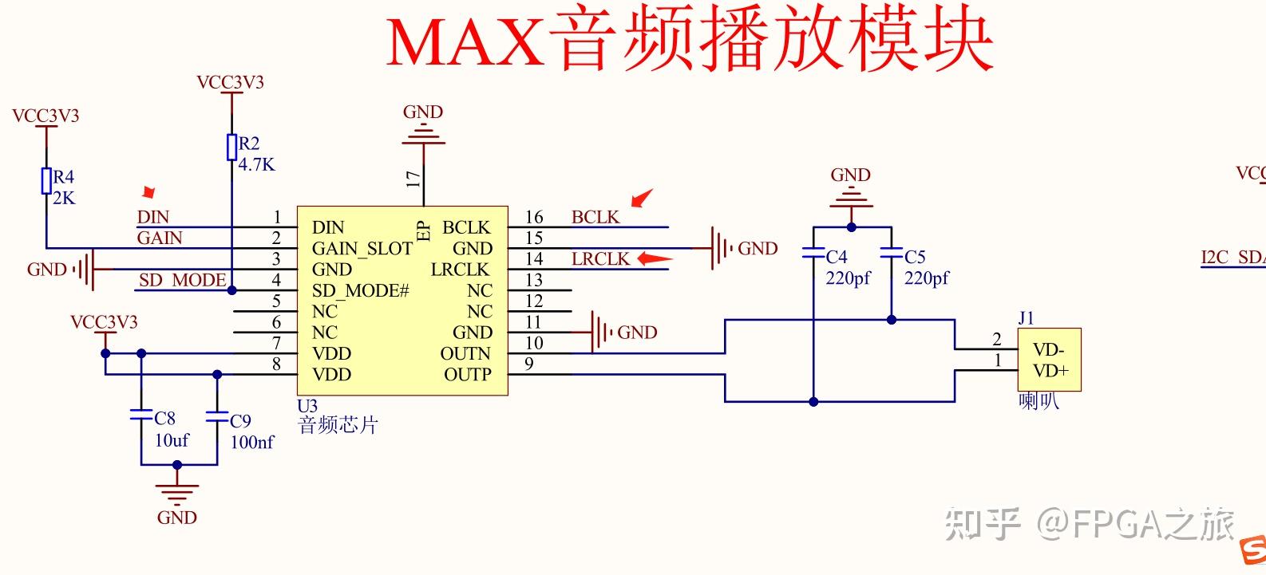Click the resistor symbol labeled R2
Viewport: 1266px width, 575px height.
pyautogui.click(x=231, y=147)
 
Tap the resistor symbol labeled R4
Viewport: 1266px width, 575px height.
pyautogui.click(x=46, y=181)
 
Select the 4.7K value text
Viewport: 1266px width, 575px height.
pyautogui.click(x=256, y=165)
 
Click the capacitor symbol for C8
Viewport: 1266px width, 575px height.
pyautogui.click(x=141, y=415)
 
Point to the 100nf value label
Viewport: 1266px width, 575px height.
pyautogui.click(x=251, y=442)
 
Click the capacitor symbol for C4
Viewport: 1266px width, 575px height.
pyautogui.click(x=813, y=254)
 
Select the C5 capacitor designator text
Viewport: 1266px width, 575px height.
pyautogui.click(x=915, y=257)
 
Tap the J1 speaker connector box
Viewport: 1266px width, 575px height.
pyautogui.click(x=1049, y=360)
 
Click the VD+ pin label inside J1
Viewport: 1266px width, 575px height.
pyautogui.click(x=1050, y=371)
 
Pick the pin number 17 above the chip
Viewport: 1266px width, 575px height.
pyautogui.click(x=413, y=178)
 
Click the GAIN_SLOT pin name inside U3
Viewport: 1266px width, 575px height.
pyautogui.click(x=362, y=249)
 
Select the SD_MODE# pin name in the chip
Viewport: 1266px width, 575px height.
pyautogui.click(x=360, y=291)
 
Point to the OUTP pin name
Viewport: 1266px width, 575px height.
pyautogui.click(x=467, y=374)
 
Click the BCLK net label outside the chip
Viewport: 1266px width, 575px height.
pyautogui.click(x=595, y=217)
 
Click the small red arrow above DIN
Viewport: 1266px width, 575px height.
pyautogui.click(x=148, y=193)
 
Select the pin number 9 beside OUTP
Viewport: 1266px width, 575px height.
pyautogui.click(x=528, y=364)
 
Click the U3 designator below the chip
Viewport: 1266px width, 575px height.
pyautogui.click(x=307, y=406)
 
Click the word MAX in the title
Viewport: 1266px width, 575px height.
pyautogui.click(x=465, y=41)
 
